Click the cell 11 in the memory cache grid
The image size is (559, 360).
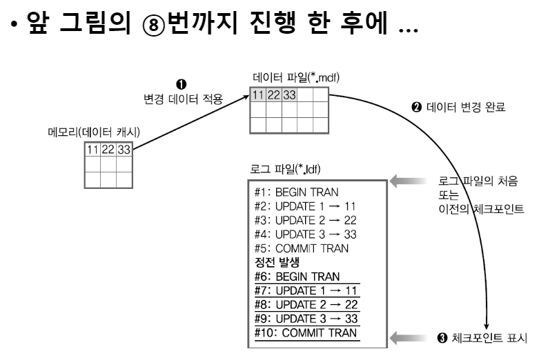point(92,150)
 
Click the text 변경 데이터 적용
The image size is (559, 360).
point(179,99)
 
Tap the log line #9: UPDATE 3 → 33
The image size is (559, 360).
point(305,319)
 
